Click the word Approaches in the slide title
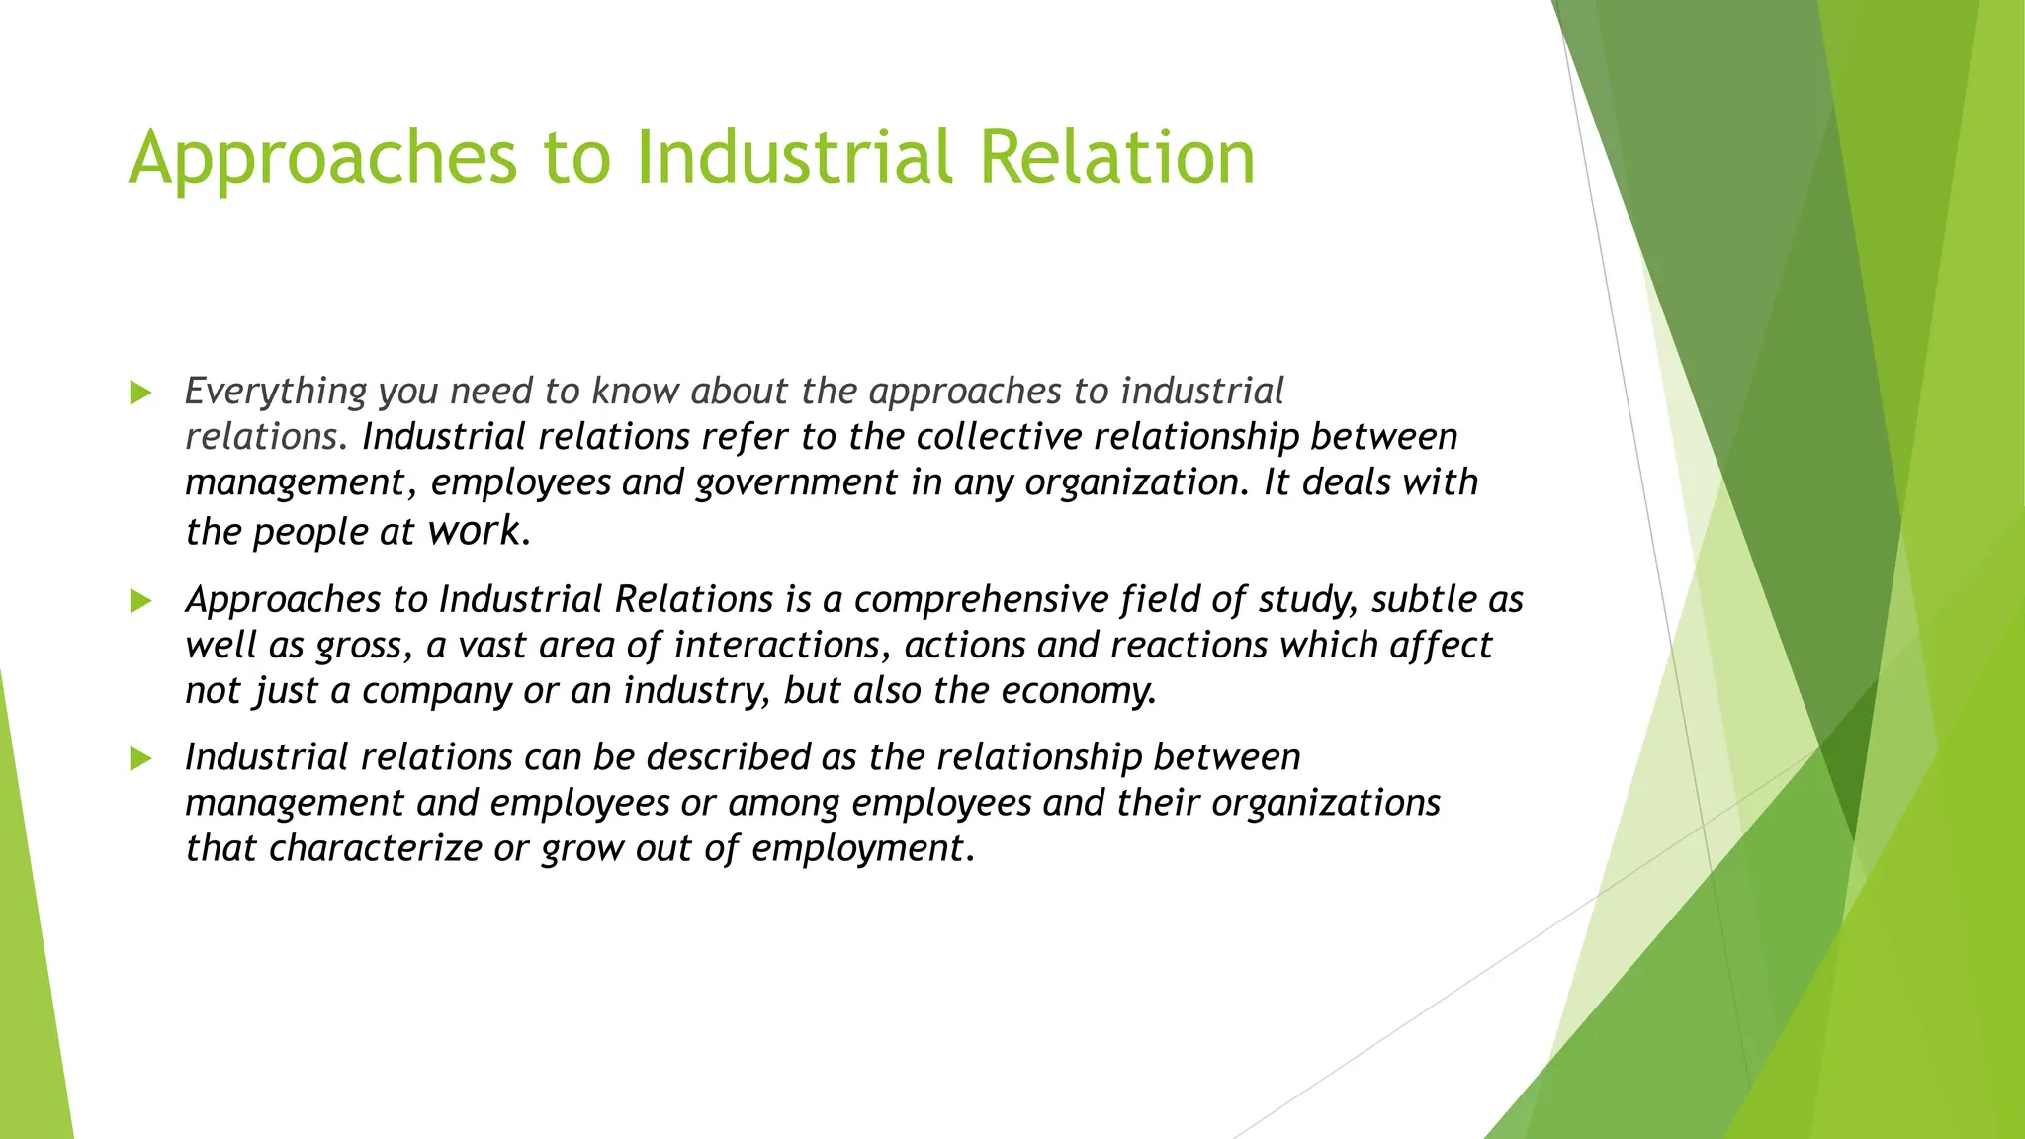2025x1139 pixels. coord(322,158)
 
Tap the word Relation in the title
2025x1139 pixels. coord(1117,158)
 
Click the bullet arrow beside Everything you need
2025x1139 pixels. coord(141,393)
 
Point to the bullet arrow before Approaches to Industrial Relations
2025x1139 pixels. coord(141,601)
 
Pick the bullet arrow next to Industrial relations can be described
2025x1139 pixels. coord(141,758)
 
